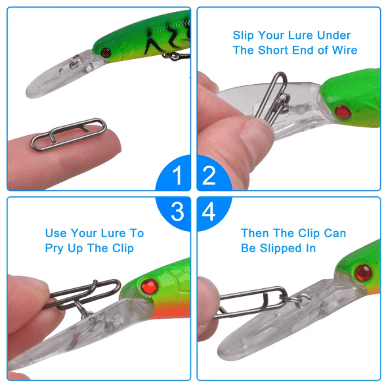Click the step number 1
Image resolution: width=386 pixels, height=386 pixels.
click(x=177, y=175)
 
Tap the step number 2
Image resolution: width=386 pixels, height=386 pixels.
click(x=209, y=175)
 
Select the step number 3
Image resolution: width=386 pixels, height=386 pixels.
click(x=177, y=211)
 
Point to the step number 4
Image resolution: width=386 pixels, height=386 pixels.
click(x=209, y=211)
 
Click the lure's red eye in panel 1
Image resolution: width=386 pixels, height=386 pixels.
click(x=105, y=53)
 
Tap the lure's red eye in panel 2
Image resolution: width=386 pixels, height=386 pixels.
click(x=343, y=112)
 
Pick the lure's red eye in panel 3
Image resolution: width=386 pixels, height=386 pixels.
click(x=149, y=287)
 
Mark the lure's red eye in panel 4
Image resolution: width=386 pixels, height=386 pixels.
click(x=364, y=273)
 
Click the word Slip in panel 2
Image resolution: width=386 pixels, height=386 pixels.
click(x=243, y=35)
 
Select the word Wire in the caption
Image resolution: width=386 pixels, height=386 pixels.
click(x=345, y=50)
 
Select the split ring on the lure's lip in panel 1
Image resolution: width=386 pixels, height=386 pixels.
click(x=74, y=61)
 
